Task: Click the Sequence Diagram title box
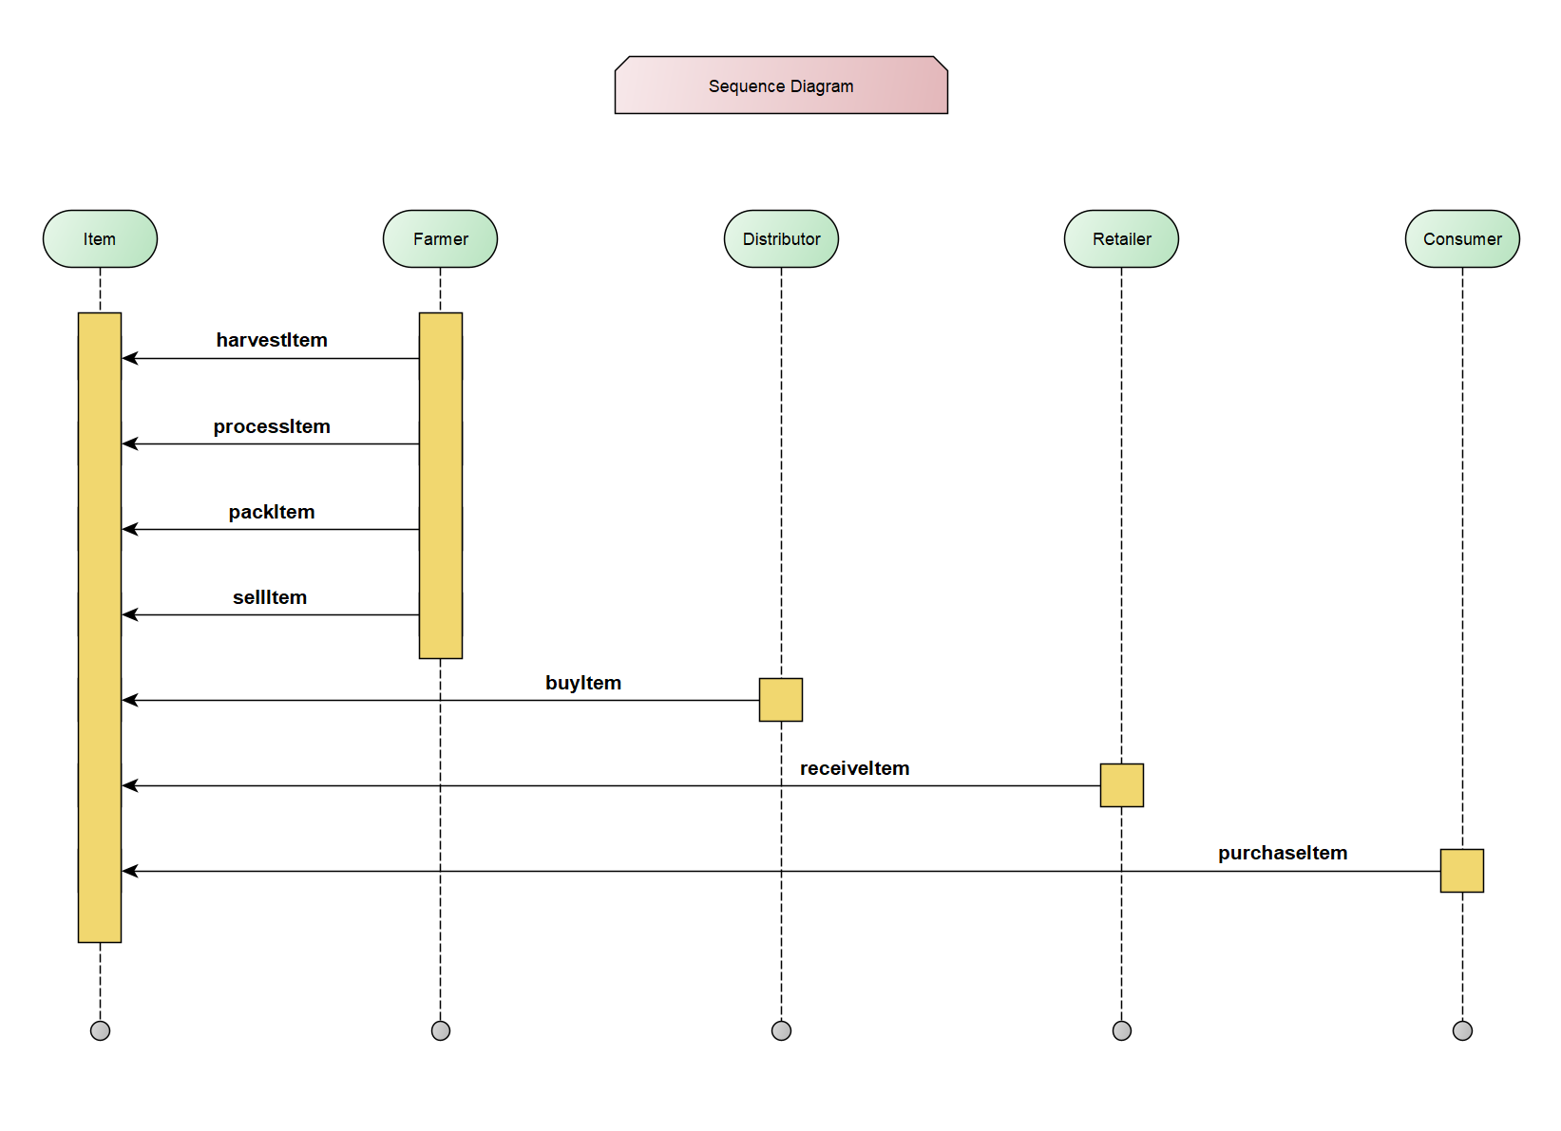tap(781, 85)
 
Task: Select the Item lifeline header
tap(100, 239)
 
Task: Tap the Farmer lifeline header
tap(440, 239)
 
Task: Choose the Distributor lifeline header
tap(781, 239)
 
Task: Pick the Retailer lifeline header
tap(1121, 239)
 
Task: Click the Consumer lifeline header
tap(1462, 239)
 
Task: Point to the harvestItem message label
tap(272, 340)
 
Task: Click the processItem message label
tap(272, 426)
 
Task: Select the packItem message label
tap(272, 512)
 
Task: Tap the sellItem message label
tap(270, 597)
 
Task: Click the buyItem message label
tap(583, 683)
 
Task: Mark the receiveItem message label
tap(854, 768)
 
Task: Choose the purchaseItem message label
tap(1283, 853)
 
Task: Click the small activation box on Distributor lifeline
tap(781, 700)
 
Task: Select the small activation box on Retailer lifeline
tap(1121, 785)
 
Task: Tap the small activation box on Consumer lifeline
tap(1461, 871)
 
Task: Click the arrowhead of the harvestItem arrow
tap(130, 358)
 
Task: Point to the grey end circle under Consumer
tap(1462, 1030)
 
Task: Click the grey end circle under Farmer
tap(441, 1030)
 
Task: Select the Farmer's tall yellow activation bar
tap(441, 484)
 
